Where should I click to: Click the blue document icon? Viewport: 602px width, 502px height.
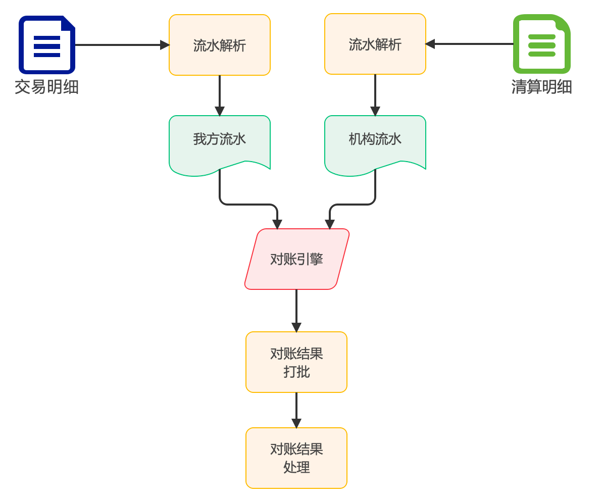coord(46,44)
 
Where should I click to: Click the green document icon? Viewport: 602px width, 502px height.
coord(541,44)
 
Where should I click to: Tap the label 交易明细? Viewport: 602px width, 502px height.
coord(46,87)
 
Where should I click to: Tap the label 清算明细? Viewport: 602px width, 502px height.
coord(541,87)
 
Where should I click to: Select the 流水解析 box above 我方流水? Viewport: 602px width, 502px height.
coord(219,45)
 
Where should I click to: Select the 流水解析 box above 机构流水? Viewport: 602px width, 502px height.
coord(375,44)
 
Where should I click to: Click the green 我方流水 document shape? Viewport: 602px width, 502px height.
coord(219,141)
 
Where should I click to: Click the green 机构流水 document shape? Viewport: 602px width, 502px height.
coord(375,141)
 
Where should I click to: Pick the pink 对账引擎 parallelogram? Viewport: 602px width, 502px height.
coord(297,259)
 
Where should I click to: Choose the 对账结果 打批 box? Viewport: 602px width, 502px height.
coord(296,362)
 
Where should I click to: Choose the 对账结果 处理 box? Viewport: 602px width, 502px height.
coord(296,458)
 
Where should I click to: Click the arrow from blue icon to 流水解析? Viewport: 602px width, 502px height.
coord(121,45)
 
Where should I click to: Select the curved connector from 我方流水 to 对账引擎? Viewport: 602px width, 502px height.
coord(247,205)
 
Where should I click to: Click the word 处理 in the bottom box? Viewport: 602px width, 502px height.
coord(296,468)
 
